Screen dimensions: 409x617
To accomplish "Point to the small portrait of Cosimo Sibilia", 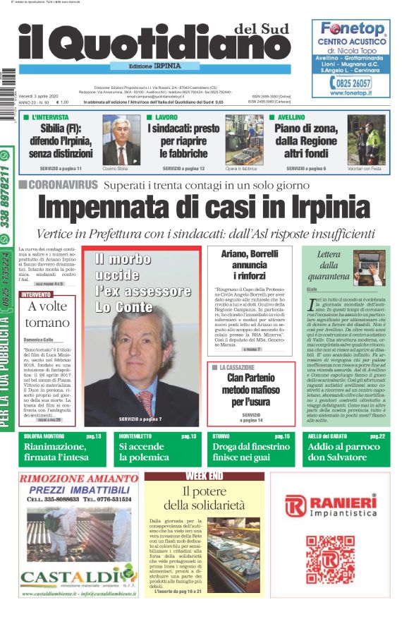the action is pyautogui.click(x=121, y=140).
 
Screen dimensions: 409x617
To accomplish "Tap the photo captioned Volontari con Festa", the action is pyautogui.click(x=366, y=140).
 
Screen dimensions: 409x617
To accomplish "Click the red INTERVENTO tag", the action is pyautogui.click(x=36, y=294).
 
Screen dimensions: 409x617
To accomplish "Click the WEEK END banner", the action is pyautogui.click(x=204, y=476).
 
